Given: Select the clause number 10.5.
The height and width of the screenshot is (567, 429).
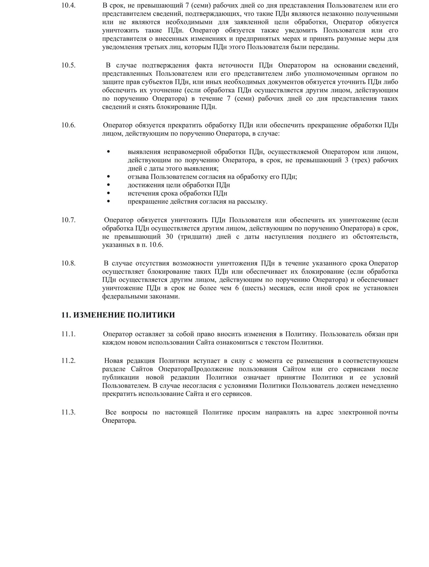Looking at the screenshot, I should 68,65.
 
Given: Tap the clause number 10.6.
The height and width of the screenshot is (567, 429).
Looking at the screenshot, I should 68,125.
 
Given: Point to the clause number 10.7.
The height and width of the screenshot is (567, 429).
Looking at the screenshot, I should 68,220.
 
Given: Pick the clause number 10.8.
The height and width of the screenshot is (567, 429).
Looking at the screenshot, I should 68,264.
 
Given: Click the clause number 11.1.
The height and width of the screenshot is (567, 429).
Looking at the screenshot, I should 68,334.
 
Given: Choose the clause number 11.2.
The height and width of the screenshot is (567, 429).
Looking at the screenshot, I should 68,361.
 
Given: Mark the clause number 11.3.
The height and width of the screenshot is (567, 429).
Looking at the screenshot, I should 68,412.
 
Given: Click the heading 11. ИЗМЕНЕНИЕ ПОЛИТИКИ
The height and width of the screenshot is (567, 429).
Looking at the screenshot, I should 118,315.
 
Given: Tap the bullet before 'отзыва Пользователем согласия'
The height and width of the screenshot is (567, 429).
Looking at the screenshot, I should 109,177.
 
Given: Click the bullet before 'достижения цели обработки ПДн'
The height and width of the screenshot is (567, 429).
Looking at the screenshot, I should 109,185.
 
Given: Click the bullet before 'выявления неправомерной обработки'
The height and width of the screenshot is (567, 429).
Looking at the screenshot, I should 109,152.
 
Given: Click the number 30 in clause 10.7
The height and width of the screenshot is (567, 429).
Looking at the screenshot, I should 170,237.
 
